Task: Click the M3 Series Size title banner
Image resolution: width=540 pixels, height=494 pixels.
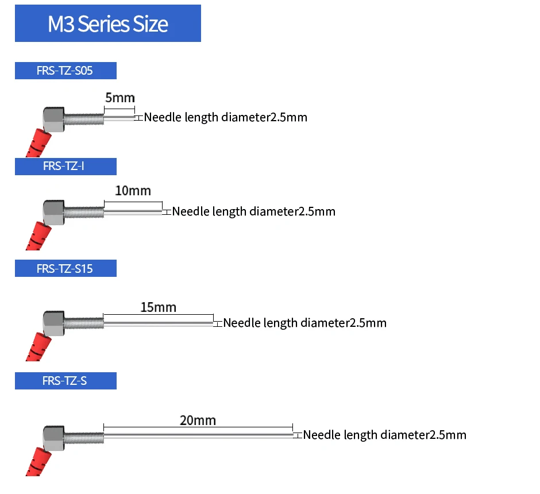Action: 108,24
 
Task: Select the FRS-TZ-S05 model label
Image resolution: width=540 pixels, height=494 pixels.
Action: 66,71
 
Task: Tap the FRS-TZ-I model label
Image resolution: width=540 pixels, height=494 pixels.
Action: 66,166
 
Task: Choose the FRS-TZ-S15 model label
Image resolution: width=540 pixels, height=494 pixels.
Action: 66,268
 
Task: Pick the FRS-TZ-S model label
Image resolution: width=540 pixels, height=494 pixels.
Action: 66,381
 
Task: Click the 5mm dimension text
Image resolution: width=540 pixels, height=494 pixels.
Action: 120,98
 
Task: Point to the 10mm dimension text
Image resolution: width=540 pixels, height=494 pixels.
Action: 133,191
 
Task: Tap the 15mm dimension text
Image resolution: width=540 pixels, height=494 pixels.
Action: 159,307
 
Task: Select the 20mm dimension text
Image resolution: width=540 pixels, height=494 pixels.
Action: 198,420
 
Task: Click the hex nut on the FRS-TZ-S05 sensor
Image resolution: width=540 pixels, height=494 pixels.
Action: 54,119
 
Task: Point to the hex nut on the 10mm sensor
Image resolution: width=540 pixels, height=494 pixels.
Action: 54,213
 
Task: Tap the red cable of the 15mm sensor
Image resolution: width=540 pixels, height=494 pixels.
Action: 38,346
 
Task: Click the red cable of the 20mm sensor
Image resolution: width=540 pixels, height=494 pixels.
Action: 38,462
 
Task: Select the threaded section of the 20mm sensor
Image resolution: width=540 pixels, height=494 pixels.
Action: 84,438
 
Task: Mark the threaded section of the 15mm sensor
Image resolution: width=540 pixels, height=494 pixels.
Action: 84,323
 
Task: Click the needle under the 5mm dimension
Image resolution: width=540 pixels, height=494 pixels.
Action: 119,118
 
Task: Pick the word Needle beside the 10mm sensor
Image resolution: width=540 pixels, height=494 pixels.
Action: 191,211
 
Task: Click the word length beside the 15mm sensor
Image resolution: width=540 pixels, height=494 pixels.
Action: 280,323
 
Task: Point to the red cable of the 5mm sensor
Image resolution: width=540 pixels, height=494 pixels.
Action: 38,143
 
